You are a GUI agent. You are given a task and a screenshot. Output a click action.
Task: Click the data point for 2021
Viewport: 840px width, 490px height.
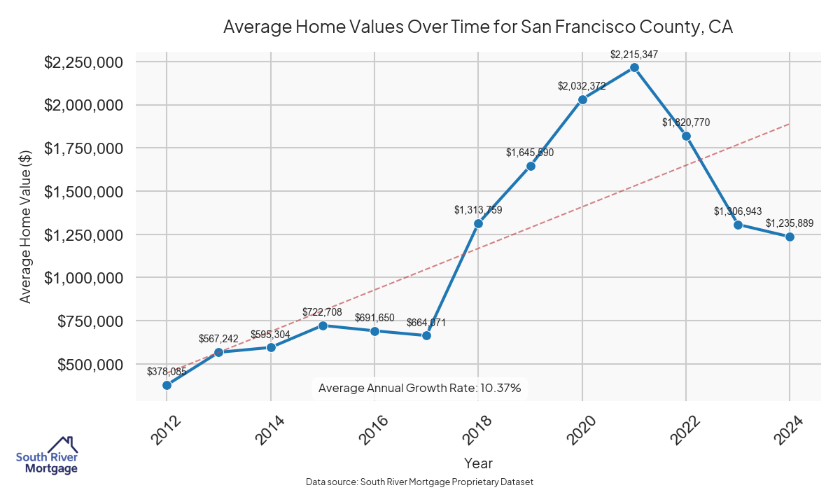click(x=634, y=67)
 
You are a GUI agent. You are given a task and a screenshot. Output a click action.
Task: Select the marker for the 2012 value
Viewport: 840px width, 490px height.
click(x=167, y=385)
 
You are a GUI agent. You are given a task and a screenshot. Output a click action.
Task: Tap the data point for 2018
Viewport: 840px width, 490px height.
click(x=478, y=224)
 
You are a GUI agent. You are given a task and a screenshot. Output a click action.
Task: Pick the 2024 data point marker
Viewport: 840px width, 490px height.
click(x=790, y=237)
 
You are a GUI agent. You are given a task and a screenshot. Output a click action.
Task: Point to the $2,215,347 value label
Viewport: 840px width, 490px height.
click(x=634, y=54)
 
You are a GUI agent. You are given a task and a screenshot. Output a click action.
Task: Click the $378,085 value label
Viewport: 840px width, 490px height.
click(x=167, y=372)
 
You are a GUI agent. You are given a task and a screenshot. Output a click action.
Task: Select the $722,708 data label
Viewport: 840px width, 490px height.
click(x=323, y=311)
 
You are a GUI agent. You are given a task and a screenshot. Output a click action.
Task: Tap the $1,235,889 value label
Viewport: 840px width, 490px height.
click(x=790, y=223)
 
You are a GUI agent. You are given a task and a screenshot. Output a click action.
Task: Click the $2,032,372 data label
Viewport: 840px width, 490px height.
click(x=582, y=86)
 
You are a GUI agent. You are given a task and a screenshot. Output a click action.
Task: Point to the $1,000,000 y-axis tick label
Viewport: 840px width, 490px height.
click(x=84, y=278)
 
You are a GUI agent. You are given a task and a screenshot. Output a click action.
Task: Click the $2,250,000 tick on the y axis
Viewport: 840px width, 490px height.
click(x=84, y=62)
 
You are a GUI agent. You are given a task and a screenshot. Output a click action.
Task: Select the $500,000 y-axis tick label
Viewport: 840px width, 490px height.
click(x=90, y=365)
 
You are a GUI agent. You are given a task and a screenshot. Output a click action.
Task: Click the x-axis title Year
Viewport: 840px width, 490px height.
click(x=478, y=463)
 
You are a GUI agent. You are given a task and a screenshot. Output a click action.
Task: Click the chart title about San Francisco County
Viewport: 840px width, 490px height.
click(x=478, y=27)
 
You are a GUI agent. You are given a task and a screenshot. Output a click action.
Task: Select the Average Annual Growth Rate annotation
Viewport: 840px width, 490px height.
click(x=420, y=388)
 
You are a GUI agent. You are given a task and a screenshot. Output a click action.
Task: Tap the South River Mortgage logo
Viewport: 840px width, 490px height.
click(x=47, y=456)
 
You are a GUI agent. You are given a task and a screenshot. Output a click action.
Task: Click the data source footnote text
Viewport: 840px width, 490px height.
click(x=420, y=482)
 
